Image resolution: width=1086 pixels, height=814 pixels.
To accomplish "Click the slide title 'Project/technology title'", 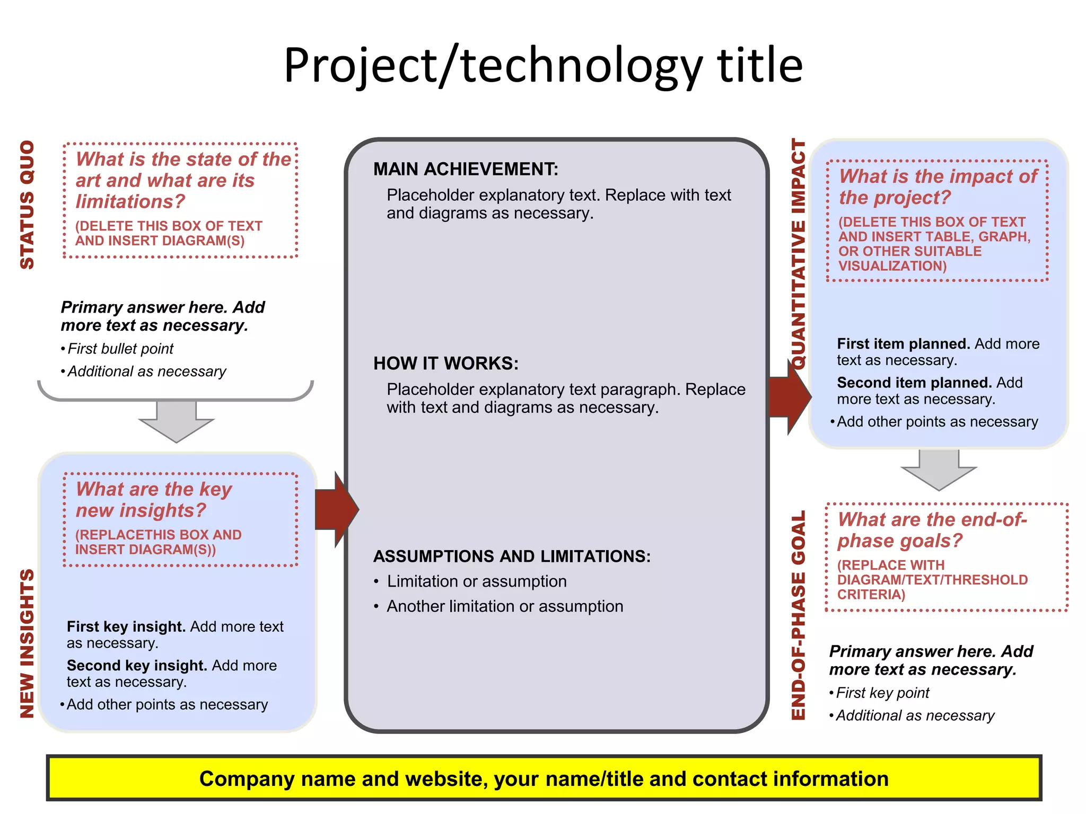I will tap(543, 66).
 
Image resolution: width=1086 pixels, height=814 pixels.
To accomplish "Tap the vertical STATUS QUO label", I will tap(27, 205).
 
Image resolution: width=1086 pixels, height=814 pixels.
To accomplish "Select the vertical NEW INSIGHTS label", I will tap(27, 643).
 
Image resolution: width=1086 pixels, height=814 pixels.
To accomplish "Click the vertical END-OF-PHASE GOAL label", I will tap(798, 615).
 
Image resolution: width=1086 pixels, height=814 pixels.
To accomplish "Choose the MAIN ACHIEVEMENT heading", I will tap(466, 169).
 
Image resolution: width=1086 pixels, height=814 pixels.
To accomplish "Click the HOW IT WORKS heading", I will tap(445, 364).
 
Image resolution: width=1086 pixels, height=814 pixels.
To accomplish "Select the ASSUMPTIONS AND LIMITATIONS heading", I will tap(512, 556).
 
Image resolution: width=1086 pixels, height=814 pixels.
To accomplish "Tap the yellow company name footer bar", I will tap(544, 778).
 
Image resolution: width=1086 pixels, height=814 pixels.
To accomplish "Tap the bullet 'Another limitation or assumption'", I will tap(505, 606).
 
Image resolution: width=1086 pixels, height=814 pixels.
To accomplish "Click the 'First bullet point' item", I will tap(120, 349).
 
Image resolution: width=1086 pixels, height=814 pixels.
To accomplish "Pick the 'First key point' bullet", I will tap(882, 693).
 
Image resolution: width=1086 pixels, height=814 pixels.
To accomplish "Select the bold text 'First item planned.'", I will tap(904, 344).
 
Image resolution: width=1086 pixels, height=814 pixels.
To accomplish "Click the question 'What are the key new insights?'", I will tap(154, 499).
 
